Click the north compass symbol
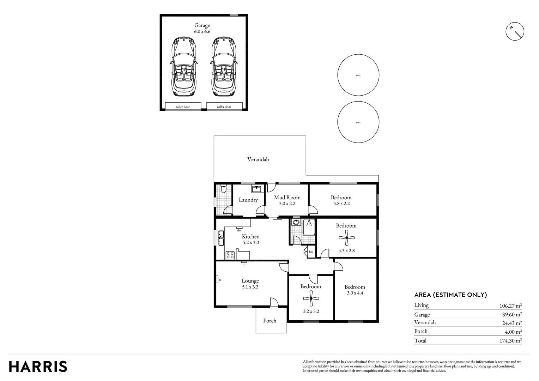[x=515, y=31]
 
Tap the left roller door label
[x=183, y=107]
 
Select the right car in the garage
[x=224, y=67]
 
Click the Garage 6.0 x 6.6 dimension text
[x=202, y=31]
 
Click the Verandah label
[x=258, y=159]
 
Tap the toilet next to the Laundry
[x=224, y=189]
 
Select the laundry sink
[x=256, y=189]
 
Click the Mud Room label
[x=287, y=198]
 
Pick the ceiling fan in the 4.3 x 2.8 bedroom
[x=347, y=237]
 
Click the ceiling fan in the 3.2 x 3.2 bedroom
[x=311, y=298]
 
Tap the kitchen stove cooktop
[x=230, y=255]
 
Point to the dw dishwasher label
[x=239, y=230]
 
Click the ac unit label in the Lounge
[x=220, y=280]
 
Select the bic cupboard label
[x=311, y=252]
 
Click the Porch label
[x=270, y=321]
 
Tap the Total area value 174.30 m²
[x=511, y=340]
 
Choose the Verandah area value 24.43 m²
[x=512, y=323]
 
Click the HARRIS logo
[x=38, y=367]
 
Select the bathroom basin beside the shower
[x=296, y=222]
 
